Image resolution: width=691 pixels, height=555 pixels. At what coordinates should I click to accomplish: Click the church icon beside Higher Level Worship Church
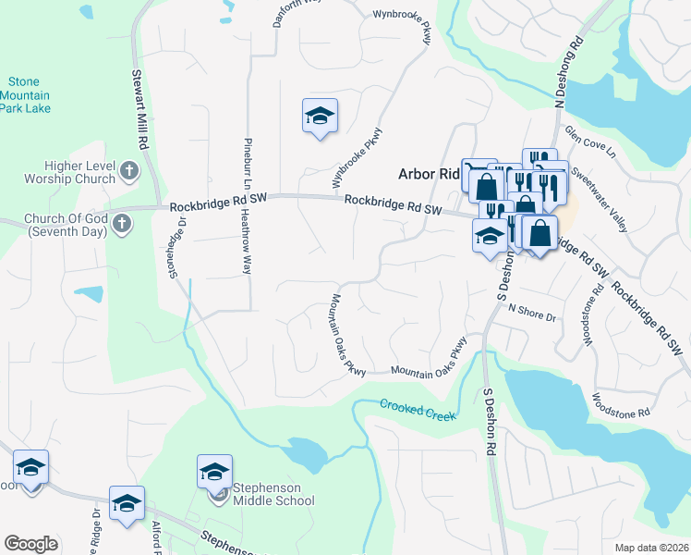[128, 170]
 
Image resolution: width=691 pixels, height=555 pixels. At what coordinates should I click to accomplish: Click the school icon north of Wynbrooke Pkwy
[320, 116]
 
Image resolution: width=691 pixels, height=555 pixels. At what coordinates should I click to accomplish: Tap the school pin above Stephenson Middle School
[214, 472]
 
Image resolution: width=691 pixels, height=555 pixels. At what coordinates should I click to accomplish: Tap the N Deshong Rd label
[567, 66]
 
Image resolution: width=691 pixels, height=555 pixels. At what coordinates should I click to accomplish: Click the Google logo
[30, 544]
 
